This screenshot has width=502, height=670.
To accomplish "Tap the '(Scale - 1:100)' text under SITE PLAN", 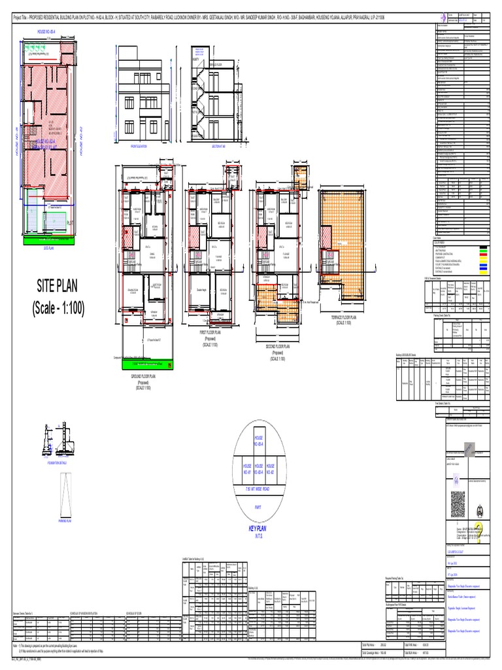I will pyautogui.click(x=57, y=308).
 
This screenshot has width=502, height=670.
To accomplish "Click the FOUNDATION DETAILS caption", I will pyautogui.click(x=61, y=461).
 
